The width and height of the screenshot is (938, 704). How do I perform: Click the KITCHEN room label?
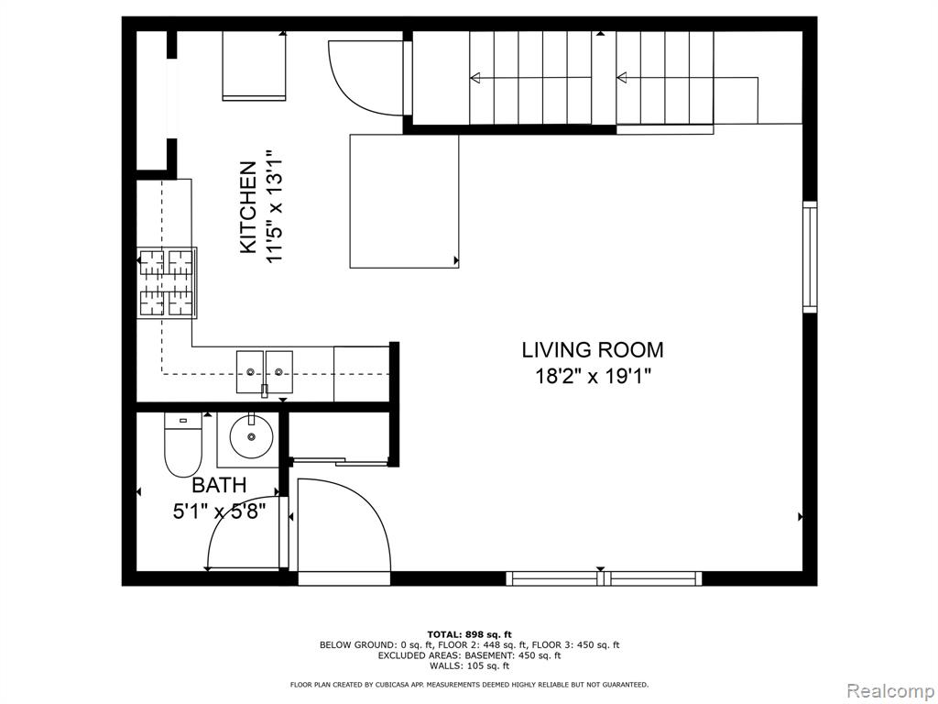(x=248, y=207)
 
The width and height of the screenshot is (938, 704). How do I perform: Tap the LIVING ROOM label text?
(x=593, y=349)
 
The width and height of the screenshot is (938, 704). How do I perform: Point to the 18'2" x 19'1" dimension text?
(x=593, y=377)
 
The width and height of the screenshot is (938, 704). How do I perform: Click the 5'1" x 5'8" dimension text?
(x=219, y=511)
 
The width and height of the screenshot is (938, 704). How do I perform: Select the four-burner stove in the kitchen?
(x=167, y=282)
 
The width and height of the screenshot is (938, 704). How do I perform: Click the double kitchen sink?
(x=265, y=372)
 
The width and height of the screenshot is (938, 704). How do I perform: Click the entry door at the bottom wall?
(x=344, y=527)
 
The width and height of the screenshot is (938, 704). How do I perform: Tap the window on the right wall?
(x=810, y=257)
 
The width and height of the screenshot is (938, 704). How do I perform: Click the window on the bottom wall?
(x=604, y=578)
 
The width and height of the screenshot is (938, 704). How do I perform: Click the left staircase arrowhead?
(x=475, y=77)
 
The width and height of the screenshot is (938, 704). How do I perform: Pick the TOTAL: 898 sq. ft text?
(x=470, y=634)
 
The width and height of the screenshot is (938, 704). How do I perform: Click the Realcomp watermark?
(x=890, y=690)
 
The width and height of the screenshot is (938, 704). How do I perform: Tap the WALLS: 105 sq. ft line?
(x=470, y=665)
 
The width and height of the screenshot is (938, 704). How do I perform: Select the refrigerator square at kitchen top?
(x=255, y=66)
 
